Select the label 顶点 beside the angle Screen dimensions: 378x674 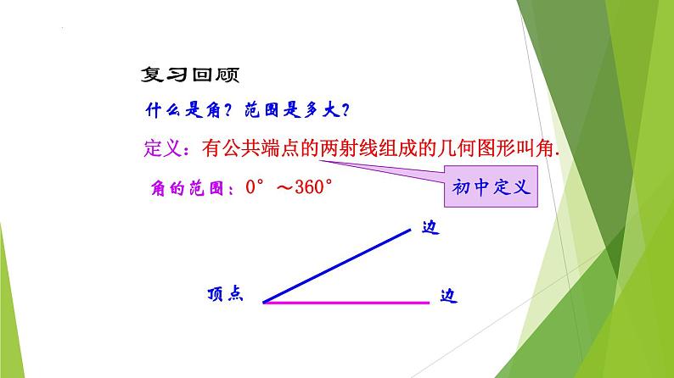tap(225, 295)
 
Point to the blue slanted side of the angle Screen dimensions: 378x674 tap(340, 262)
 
